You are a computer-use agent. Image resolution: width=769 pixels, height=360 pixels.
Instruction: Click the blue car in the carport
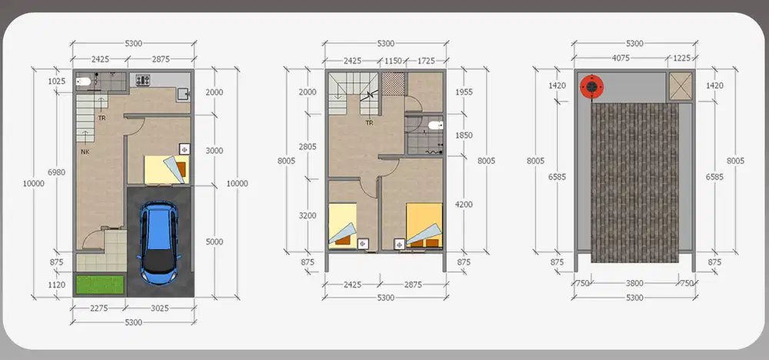(x=159, y=243)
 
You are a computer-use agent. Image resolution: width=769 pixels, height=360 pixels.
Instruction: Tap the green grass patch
(x=100, y=285)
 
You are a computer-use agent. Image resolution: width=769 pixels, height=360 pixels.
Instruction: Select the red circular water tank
(x=592, y=87)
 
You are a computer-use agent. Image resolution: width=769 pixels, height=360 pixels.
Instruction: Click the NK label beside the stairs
(x=85, y=152)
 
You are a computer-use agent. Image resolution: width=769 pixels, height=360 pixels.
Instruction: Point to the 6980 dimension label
(x=56, y=172)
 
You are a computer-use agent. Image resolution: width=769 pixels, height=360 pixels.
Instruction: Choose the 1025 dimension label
(x=57, y=82)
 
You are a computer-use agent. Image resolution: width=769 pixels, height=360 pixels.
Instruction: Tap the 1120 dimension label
(x=58, y=285)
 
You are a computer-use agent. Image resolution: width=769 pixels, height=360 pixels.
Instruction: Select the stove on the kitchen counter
(x=143, y=80)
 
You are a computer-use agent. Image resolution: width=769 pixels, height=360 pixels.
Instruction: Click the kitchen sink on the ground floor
(x=184, y=94)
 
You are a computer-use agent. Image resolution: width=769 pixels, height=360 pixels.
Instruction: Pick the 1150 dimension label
(x=393, y=61)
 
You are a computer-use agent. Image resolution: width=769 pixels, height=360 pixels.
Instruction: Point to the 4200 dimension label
(x=464, y=205)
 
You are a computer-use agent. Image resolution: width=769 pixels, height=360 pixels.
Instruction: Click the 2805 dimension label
(x=308, y=146)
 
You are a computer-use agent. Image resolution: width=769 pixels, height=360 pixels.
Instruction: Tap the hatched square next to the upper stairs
(x=393, y=84)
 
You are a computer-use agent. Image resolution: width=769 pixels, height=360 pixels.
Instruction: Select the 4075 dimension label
(x=621, y=58)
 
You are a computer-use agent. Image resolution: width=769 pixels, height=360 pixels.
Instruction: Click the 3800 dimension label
(x=634, y=283)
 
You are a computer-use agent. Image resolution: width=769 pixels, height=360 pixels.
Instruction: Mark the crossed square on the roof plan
(x=681, y=86)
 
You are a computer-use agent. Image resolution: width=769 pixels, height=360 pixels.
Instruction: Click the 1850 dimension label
(x=464, y=135)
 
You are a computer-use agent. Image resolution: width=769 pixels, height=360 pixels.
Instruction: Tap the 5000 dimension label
(x=214, y=242)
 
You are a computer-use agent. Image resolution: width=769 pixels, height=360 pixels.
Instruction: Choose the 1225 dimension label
(x=681, y=58)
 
